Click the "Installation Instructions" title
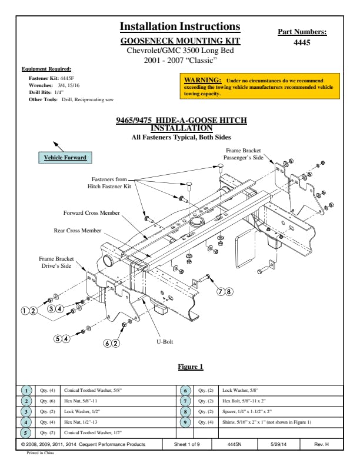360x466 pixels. pos(180,26)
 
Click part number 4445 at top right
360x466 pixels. pos(301,42)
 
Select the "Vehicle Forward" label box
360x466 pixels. pos(65,158)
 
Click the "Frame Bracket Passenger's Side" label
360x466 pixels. pos(243,155)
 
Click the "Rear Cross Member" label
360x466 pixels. pos(78,231)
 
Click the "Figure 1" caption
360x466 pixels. pos(191,367)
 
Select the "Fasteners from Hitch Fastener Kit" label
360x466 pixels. pos(109,182)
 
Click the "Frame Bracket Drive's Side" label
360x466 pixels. pos(56,262)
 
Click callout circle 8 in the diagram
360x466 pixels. pos(229,291)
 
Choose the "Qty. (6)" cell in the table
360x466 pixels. pos(48,401)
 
